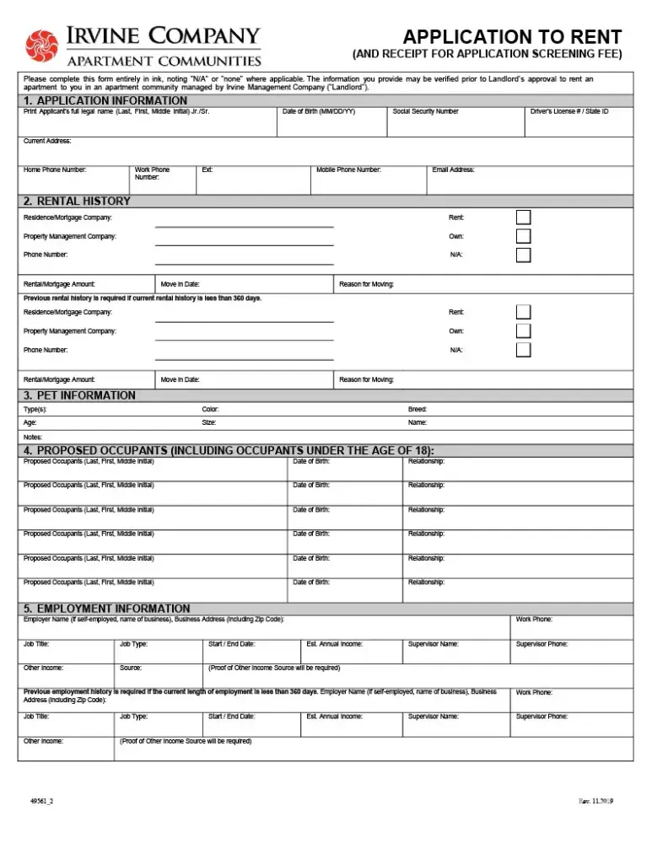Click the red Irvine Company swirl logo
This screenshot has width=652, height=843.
coord(40,46)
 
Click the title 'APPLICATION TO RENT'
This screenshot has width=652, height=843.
coord(512,37)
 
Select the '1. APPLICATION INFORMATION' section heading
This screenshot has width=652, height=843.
coord(105,100)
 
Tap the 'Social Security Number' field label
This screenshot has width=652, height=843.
coord(425,111)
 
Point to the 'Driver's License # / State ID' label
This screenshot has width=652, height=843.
coord(569,111)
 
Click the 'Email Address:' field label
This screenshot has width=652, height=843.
coord(453,169)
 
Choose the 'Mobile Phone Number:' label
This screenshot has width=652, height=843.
coord(348,169)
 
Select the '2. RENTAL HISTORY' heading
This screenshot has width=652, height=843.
coord(77,201)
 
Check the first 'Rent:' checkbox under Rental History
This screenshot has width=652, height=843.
coord(523,217)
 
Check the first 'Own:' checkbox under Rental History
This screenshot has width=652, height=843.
coord(523,236)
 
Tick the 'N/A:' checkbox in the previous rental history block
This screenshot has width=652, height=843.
coord(523,350)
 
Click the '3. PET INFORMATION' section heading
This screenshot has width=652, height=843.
coord(79,395)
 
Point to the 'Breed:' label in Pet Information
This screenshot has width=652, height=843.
coord(418,409)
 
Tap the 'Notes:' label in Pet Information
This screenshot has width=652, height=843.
coord(33,437)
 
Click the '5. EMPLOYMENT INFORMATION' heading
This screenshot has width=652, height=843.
coord(107,608)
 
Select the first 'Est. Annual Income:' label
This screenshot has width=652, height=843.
coord(335,644)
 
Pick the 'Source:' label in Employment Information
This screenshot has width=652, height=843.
coord(131,668)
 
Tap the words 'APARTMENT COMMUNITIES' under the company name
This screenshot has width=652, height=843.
coord(164,61)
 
